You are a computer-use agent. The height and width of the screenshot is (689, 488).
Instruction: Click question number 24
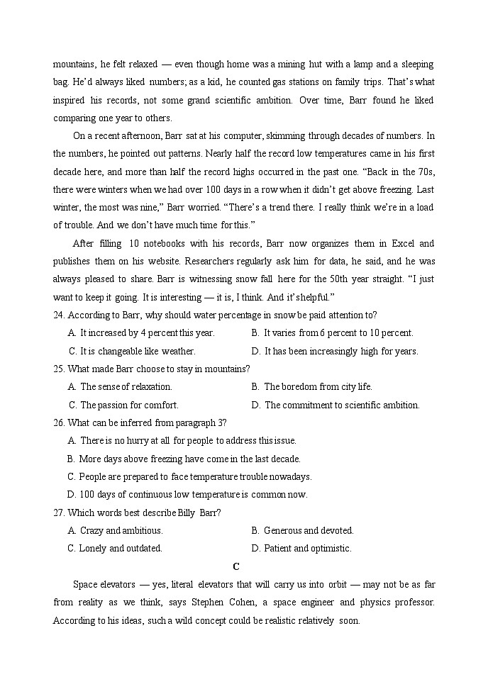[60, 315]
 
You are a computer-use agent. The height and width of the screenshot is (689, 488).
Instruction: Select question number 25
[60, 369]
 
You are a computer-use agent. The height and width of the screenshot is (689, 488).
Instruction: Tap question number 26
[60, 422]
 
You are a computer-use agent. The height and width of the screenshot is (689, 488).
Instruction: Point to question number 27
[60, 512]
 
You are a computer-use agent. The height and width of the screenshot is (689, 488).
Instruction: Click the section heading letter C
[236, 566]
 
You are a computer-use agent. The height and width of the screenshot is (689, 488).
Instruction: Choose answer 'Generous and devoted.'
[308, 530]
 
